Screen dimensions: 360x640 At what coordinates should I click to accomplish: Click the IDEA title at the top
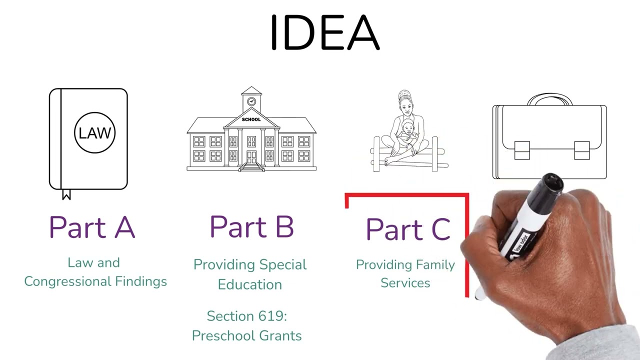[324, 33]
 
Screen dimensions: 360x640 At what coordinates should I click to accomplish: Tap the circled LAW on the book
[94, 133]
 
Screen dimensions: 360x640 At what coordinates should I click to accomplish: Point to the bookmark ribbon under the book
[66, 194]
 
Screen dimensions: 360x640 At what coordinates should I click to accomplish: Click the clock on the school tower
[251, 101]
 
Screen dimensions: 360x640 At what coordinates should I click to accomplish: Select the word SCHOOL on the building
[251, 119]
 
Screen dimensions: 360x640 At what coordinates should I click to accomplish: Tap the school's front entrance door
[251, 156]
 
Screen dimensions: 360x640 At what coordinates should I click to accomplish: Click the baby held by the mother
[408, 132]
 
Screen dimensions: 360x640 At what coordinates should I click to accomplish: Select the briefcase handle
[550, 98]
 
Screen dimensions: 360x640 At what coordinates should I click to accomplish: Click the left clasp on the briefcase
[521, 150]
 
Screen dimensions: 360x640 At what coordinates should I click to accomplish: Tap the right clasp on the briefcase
[581, 150]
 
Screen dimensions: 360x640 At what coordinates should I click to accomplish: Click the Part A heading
[92, 227]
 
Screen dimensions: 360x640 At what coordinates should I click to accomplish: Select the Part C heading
[408, 229]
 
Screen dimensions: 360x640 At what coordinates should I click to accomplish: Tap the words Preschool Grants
[247, 335]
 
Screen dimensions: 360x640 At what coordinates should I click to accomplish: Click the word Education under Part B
[250, 284]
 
